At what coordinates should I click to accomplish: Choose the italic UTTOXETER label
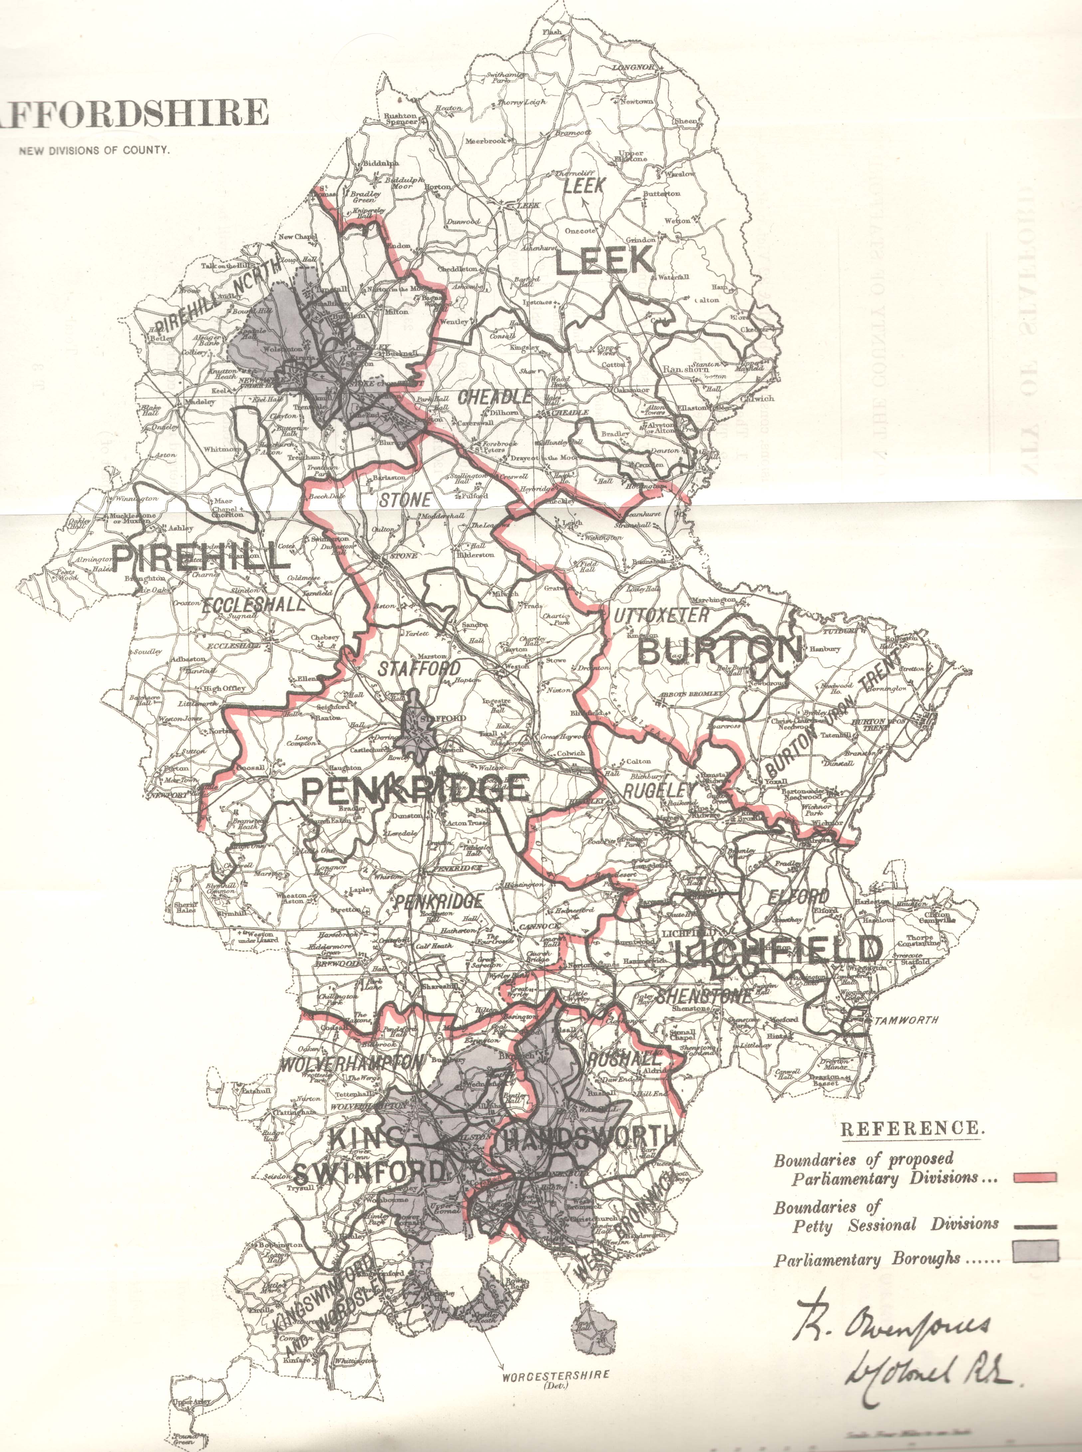pyautogui.click(x=661, y=615)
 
